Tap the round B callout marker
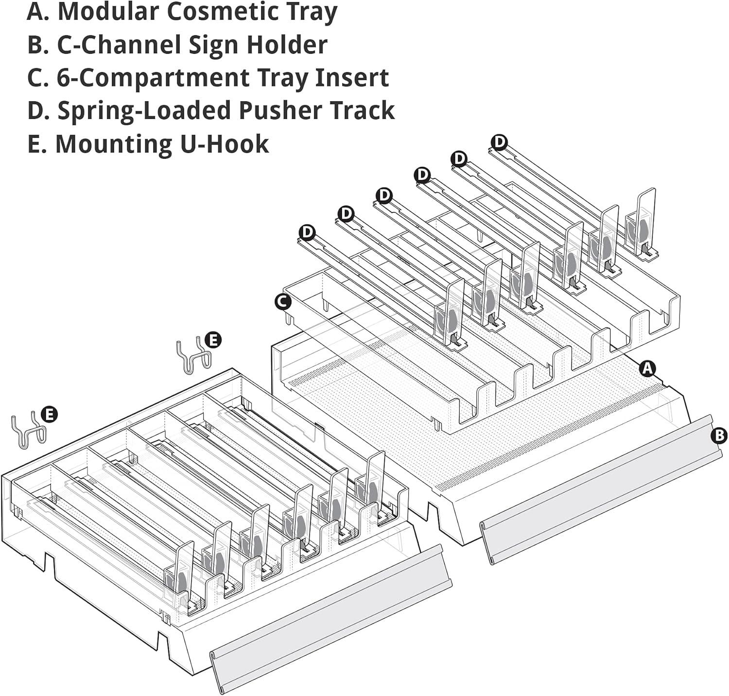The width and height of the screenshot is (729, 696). coord(719,435)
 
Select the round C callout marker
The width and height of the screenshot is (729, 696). coord(282,301)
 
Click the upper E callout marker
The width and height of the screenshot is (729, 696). coord(213,340)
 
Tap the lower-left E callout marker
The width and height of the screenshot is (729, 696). coord(49,415)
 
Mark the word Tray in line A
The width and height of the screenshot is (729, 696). coord(311,12)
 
